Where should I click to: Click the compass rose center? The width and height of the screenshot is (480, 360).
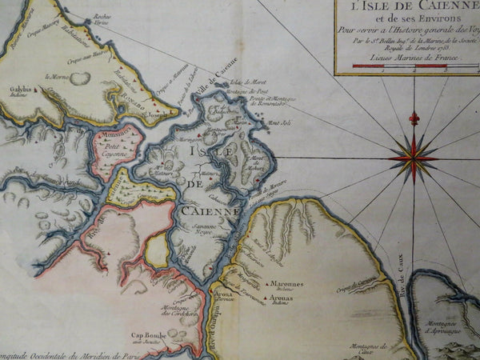coord(413,157)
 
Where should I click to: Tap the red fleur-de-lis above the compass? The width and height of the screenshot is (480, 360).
coord(414,118)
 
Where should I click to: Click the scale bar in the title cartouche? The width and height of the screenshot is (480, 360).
coord(408,70)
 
